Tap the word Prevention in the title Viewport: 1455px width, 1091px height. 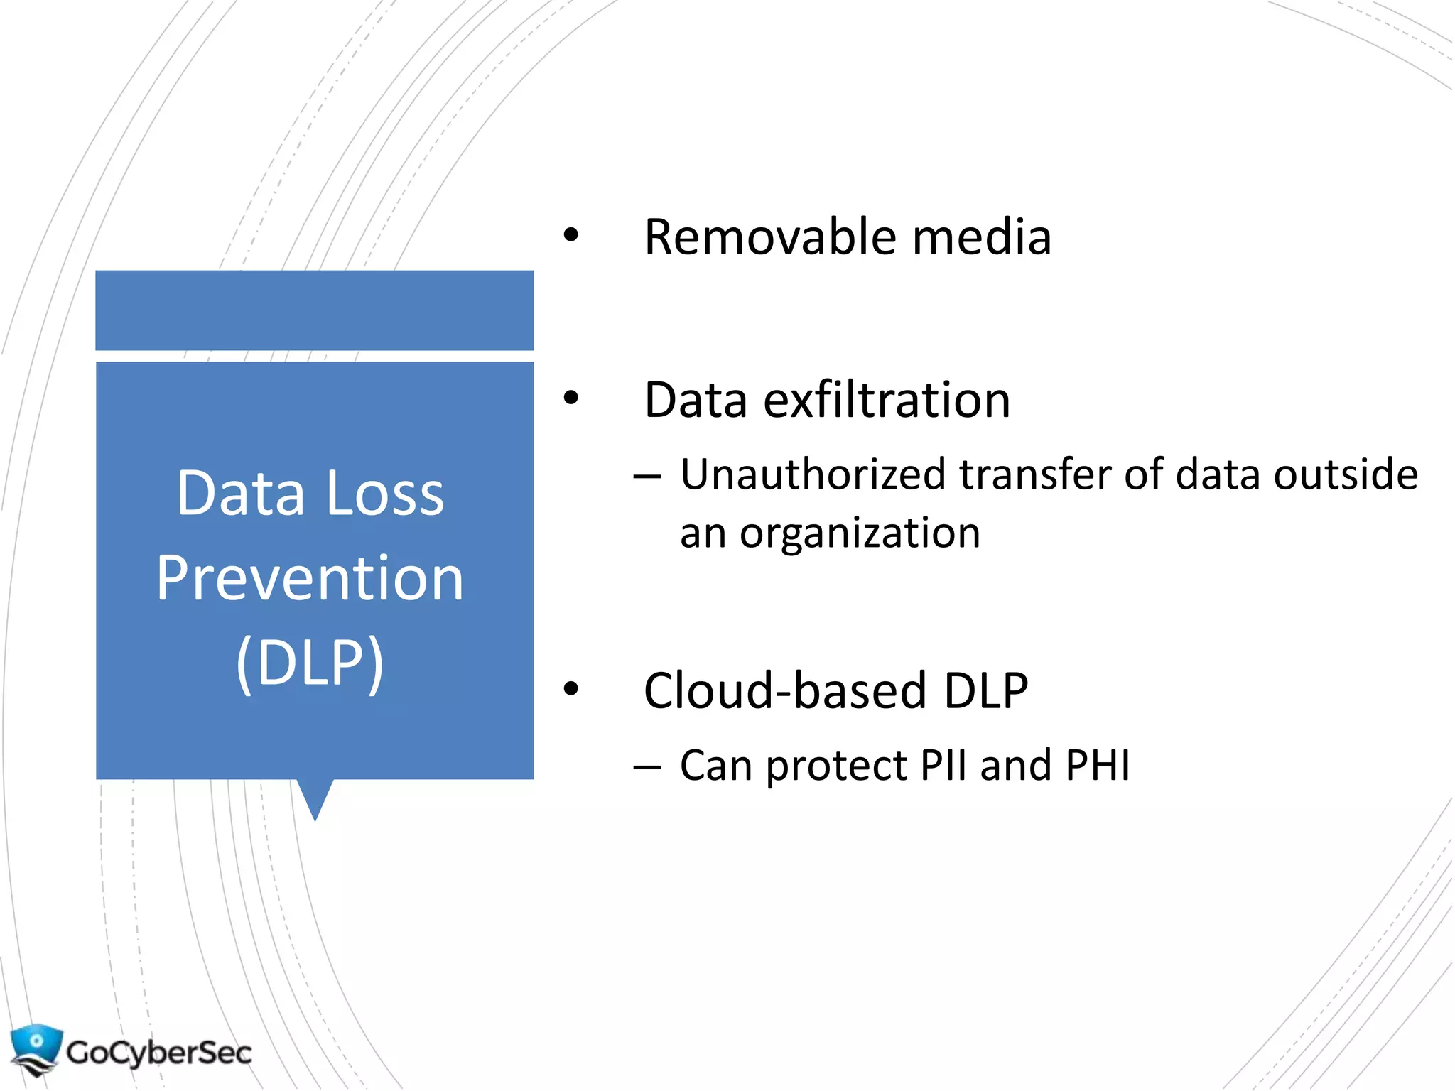click(310, 578)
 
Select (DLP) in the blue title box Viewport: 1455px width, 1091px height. click(310, 663)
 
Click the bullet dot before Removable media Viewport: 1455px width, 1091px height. click(570, 236)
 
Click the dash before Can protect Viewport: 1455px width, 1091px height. click(647, 766)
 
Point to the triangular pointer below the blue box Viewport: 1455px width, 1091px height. click(315, 799)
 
